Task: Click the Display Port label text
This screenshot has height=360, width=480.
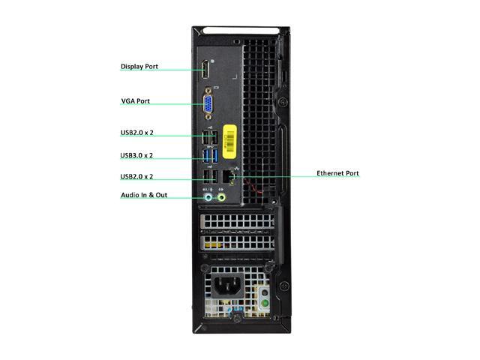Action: click(139, 67)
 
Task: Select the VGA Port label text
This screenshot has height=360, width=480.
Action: click(135, 100)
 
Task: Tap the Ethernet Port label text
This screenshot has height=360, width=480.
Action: click(337, 173)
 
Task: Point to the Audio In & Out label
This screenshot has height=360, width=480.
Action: click(145, 195)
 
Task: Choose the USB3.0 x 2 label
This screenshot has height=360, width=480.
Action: click(136, 156)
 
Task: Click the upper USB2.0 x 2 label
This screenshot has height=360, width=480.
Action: click(136, 133)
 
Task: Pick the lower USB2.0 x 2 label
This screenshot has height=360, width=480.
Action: click(136, 177)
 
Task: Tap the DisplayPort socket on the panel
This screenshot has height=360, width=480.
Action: click(204, 72)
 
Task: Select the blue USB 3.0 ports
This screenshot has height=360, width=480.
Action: click(210, 156)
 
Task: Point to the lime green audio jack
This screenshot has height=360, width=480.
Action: click(220, 198)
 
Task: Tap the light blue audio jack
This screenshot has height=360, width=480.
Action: click(208, 198)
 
